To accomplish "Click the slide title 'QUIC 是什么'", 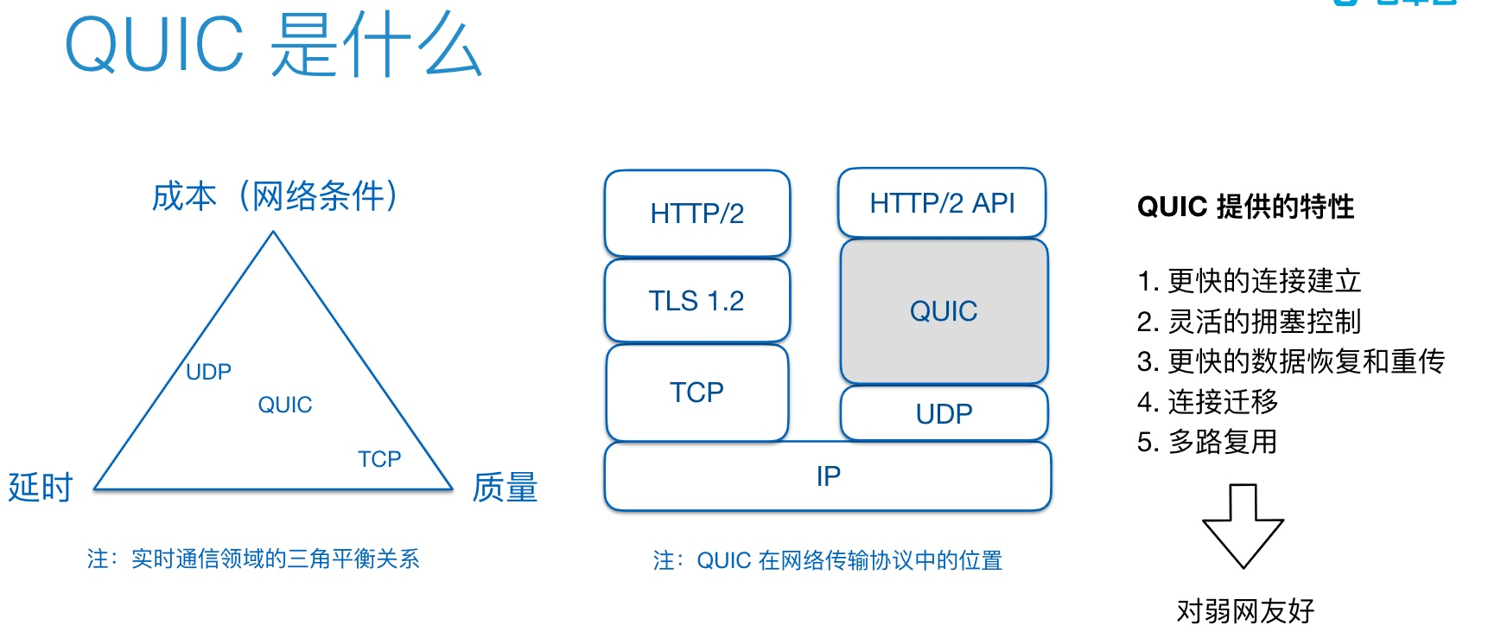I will point(273,46).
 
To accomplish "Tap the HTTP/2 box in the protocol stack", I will point(697,213).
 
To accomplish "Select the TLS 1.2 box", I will point(696,300).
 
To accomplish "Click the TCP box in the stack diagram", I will point(696,392).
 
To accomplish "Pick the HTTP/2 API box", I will point(942,203).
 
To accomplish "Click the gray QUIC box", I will point(944,310).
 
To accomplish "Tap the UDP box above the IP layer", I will point(944,413).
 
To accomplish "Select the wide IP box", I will point(828,476).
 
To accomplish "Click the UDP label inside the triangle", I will point(208,372).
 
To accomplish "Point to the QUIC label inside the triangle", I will point(285,405).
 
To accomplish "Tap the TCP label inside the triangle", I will point(379,458).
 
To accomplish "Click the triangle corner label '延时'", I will point(41,488).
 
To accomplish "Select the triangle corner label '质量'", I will point(505,488).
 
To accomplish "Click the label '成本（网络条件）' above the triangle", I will point(276,196).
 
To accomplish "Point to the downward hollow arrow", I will point(1243,525).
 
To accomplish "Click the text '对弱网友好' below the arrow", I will point(1245,611).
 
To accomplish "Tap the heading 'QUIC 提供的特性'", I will point(1245,207).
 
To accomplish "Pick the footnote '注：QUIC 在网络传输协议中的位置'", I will point(827,560).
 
